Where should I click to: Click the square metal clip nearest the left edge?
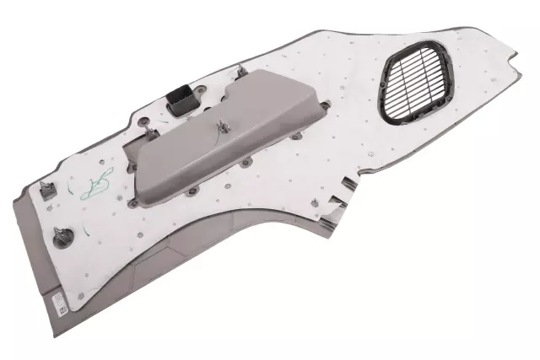pyautogui.click(x=48, y=191)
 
